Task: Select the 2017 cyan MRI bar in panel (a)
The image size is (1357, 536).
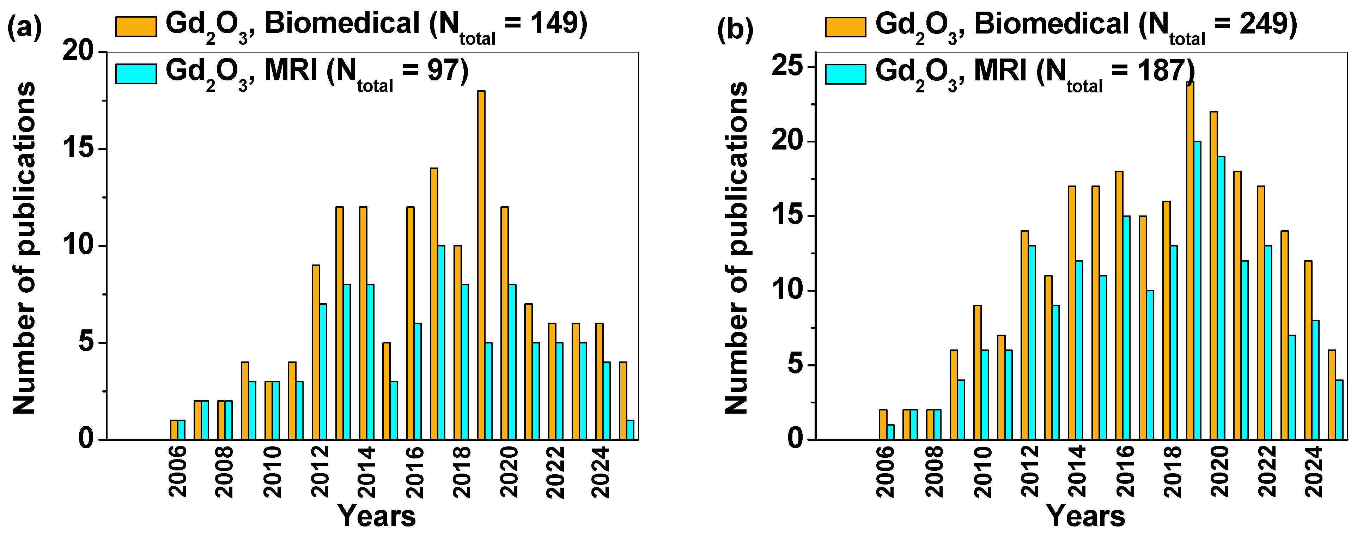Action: [441, 342]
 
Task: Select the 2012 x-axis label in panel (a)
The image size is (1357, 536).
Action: [320, 471]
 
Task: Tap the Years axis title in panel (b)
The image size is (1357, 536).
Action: [1086, 516]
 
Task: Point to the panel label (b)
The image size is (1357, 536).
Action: [735, 29]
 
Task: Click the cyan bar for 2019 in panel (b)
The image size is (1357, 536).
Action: [1197, 290]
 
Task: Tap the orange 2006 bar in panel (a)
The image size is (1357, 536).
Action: [174, 430]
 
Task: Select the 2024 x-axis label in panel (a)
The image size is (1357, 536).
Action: [601, 471]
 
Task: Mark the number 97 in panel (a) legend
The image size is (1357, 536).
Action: [440, 70]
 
